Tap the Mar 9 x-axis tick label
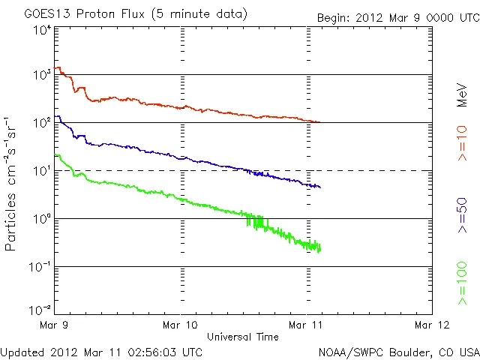(55, 325)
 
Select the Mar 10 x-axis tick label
(181, 325)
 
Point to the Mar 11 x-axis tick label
(307, 325)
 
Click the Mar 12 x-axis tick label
(433, 325)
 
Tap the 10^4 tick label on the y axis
(42, 30)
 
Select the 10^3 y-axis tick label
(42, 76)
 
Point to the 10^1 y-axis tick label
(42, 171)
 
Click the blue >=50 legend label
(462, 217)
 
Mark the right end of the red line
(319, 121)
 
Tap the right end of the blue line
(320, 187)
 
